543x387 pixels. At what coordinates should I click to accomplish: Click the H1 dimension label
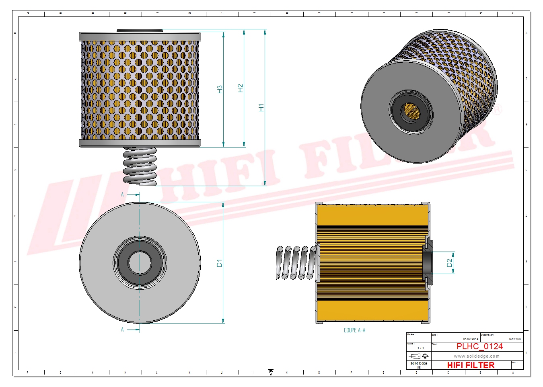(x=261, y=108)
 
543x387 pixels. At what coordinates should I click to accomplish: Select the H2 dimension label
(x=240, y=88)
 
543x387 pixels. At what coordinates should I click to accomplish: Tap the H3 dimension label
(x=220, y=89)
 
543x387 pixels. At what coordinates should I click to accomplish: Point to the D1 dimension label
(x=219, y=263)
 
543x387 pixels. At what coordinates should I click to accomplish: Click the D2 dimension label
(x=449, y=263)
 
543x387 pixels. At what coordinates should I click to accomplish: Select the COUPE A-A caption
(x=354, y=330)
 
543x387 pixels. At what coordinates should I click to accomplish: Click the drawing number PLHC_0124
(x=479, y=346)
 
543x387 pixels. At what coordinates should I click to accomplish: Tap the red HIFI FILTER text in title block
(x=471, y=365)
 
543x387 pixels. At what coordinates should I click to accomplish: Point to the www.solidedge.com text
(x=477, y=356)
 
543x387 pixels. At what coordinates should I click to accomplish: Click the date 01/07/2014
(x=471, y=339)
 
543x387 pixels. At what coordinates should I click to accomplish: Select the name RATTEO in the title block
(x=515, y=339)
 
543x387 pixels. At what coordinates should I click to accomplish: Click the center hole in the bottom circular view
(x=140, y=263)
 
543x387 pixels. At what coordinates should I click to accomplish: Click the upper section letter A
(x=122, y=195)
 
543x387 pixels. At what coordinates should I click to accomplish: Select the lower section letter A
(x=122, y=330)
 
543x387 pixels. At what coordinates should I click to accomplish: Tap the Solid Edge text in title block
(x=419, y=363)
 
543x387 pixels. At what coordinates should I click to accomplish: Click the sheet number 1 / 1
(x=420, y=348)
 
